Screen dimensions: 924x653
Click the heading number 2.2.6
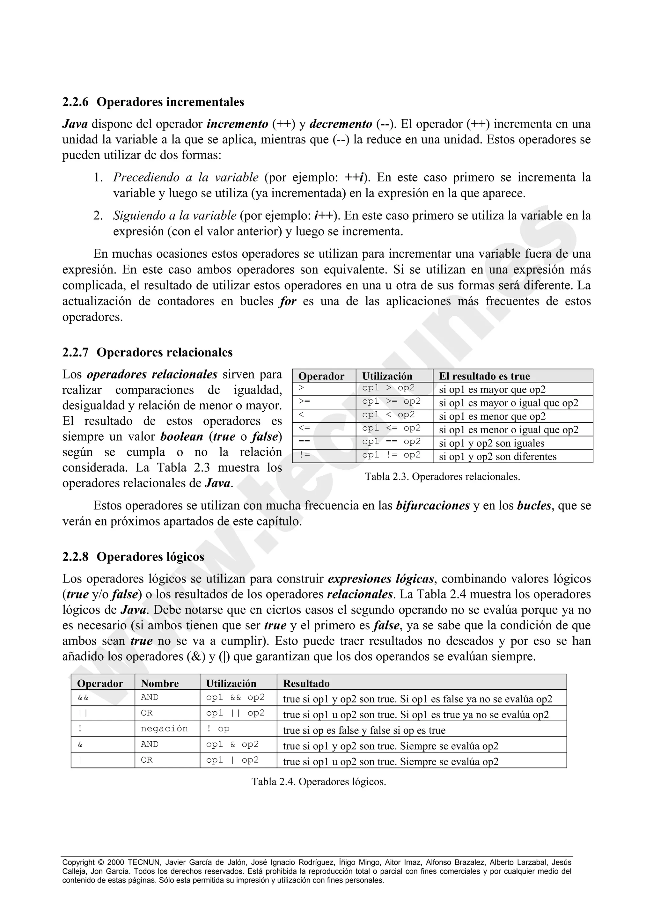[x=75, y=102]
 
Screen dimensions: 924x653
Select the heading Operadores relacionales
[x=165, y=353]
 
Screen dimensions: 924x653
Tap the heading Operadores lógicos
[x=150, y=557]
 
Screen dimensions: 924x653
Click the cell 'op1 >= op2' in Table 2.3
[x=391, y=402]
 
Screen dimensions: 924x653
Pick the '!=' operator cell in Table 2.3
[x=304, y=455]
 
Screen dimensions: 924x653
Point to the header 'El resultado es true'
[x=484, y=376]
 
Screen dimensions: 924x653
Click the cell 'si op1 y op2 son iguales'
[x=491, y=443]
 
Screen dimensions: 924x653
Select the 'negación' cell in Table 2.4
[x=164, y=729]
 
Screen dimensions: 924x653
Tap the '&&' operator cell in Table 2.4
[x=83, y=697]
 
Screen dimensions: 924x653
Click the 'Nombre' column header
[x=160, y=683]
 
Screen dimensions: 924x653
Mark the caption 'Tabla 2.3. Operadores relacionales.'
[x=442, y=477]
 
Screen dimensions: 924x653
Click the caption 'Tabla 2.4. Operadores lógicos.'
[x=319, y=781]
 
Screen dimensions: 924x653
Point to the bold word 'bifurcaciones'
[x=433, y=506]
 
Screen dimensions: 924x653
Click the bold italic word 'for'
[x=288, y=301]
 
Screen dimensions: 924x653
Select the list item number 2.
[x=98, y=216]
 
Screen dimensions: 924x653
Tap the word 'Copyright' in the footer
[x=78, y=862]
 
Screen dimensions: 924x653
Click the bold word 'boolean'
[x=181, y=436]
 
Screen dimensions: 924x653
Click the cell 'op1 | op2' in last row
[x=232, y=760]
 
